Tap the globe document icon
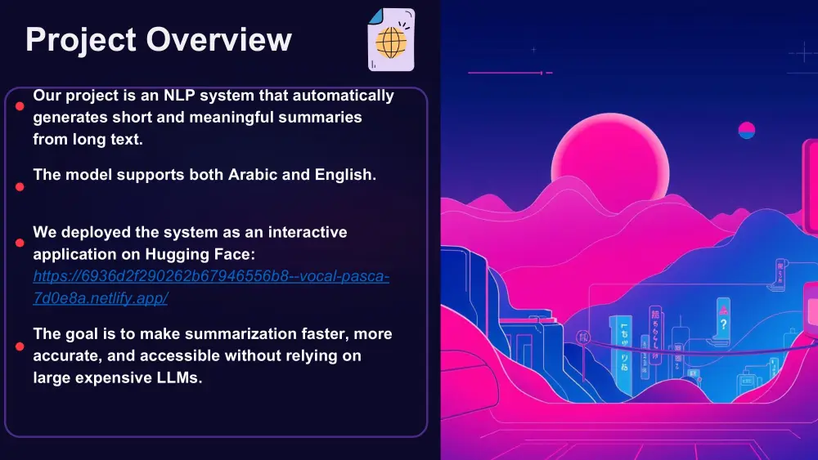(391, 40)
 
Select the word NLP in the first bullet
(179, 96)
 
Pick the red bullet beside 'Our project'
(20, 105)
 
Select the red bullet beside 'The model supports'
(20, 187)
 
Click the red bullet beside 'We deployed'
(20, 243)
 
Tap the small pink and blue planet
(746, 130)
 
